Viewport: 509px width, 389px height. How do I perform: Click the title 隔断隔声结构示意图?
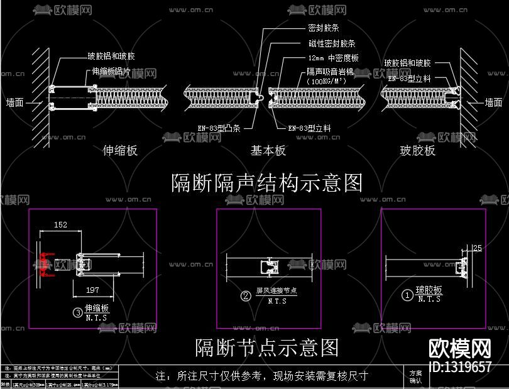267,183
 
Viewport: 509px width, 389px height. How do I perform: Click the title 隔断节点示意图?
267,347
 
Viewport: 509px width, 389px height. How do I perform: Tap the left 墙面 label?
14,102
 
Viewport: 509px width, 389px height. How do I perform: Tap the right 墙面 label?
494,102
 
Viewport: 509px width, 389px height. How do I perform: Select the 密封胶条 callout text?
324,28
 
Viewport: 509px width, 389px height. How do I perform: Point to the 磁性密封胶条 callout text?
332,43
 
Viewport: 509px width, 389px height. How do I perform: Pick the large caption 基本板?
268,151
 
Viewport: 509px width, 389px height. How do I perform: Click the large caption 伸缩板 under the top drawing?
120,151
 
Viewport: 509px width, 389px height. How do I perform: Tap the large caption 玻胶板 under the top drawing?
417,151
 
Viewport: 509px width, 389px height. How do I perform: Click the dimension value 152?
60,225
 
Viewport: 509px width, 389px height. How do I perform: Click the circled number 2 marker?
246,295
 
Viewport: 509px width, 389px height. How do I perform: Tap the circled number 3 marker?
77,312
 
